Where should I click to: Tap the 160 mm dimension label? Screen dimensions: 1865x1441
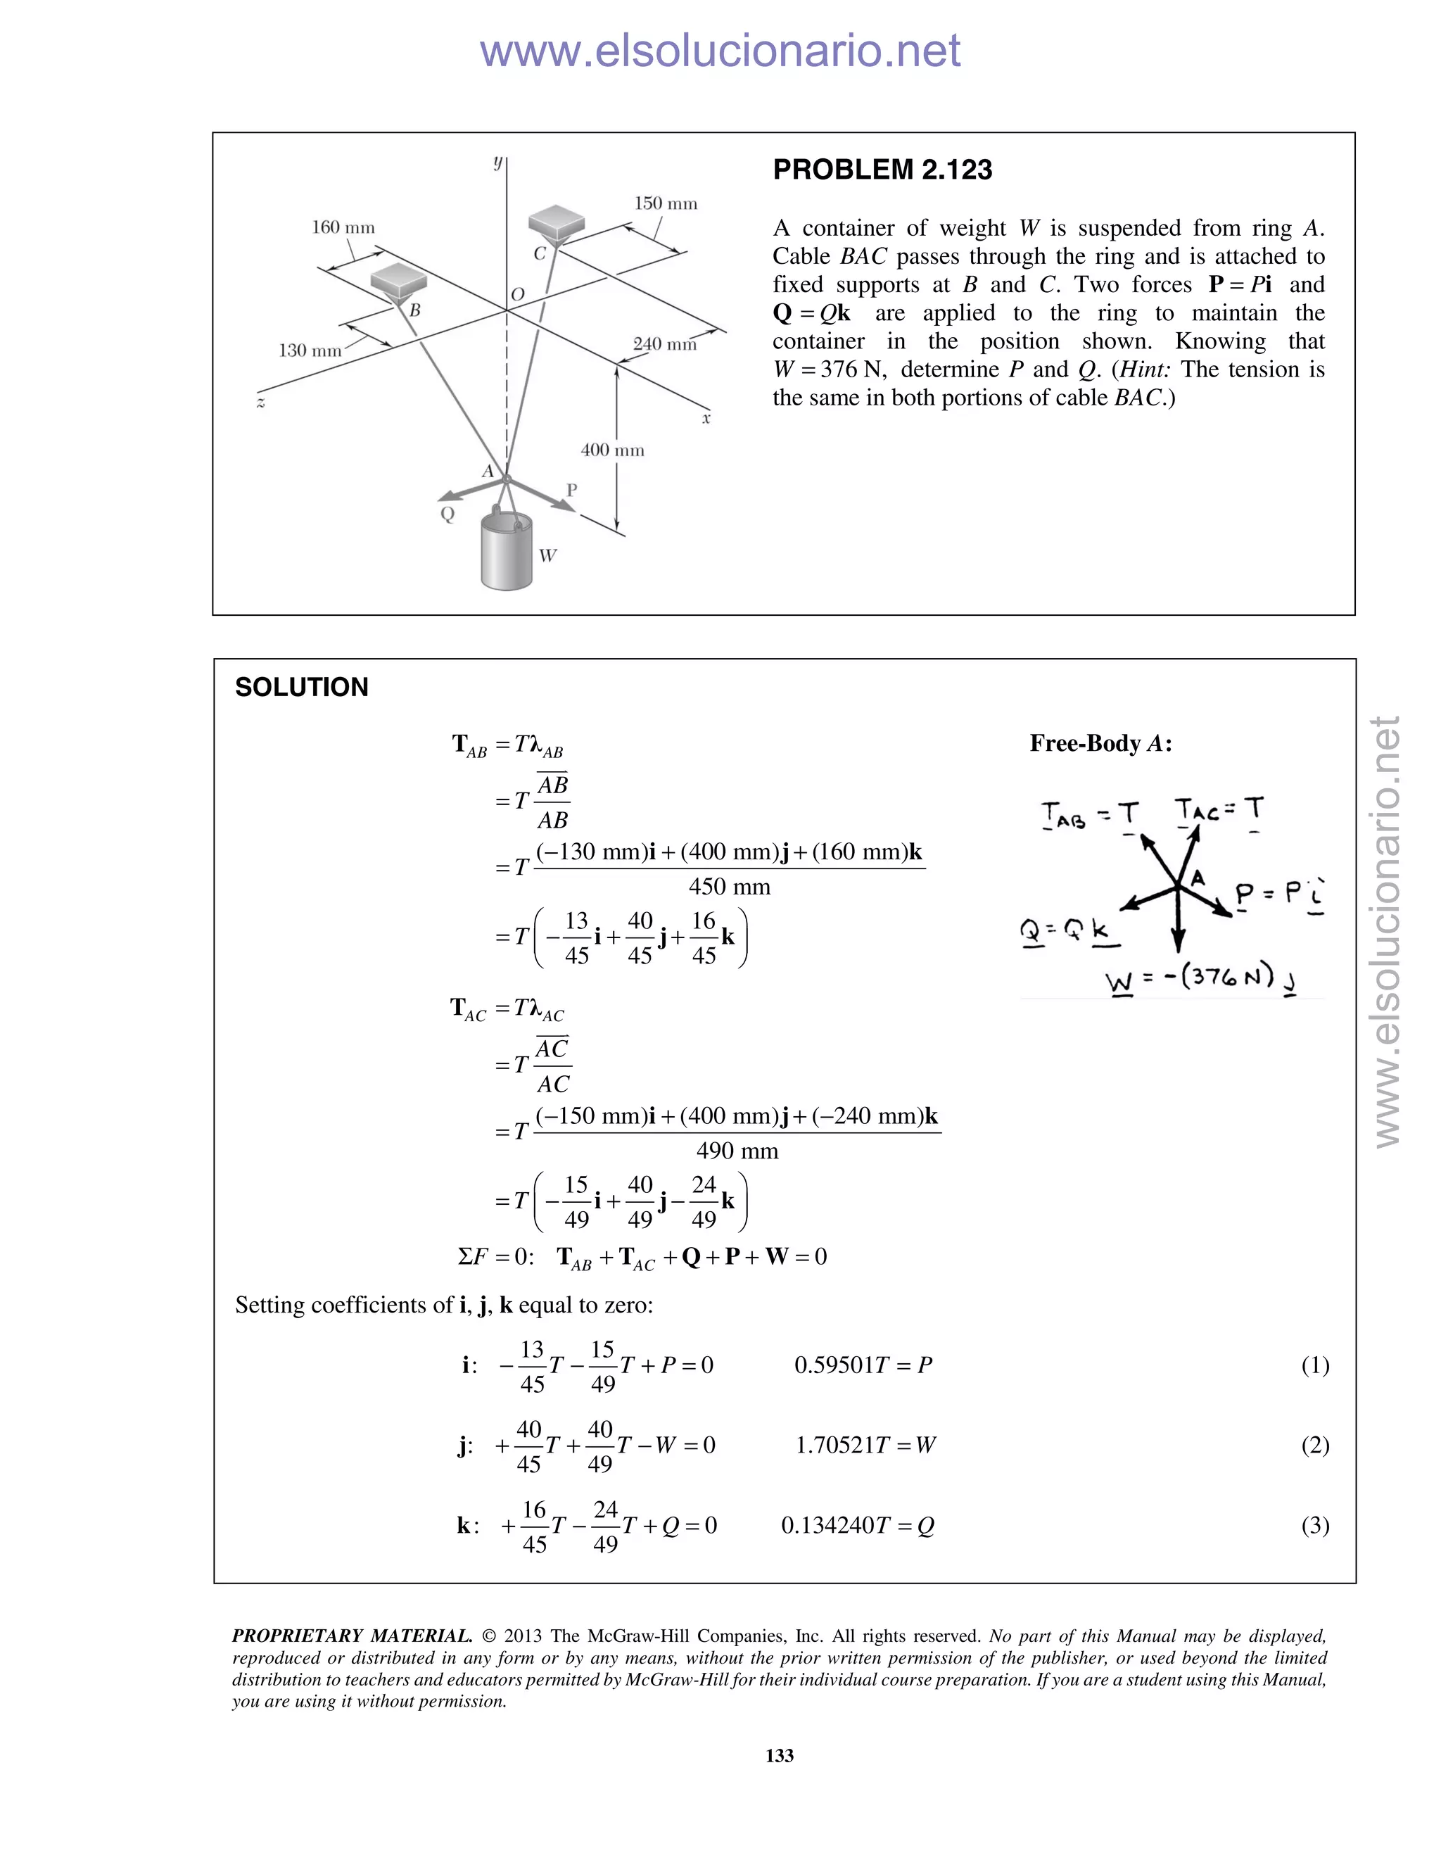(343, 227)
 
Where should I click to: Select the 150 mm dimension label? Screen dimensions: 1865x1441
(665, 203)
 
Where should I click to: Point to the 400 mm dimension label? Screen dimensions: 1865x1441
(612, 450)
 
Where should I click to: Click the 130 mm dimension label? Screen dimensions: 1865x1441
(310, 350)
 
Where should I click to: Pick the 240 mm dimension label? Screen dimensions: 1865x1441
(664, 344)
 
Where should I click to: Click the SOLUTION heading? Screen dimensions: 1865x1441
(301, 688)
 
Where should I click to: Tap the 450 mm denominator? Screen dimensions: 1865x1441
(729, 887)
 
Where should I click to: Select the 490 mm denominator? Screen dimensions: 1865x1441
(737, 1151)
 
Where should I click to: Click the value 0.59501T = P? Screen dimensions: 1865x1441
(863, 1365)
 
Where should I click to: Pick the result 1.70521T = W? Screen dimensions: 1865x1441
(865, 1445)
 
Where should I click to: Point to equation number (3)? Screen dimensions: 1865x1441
(1314, 1525)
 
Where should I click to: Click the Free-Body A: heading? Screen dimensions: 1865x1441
(1100, 744)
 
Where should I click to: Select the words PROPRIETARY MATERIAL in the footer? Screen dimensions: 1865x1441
(352, 1636)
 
